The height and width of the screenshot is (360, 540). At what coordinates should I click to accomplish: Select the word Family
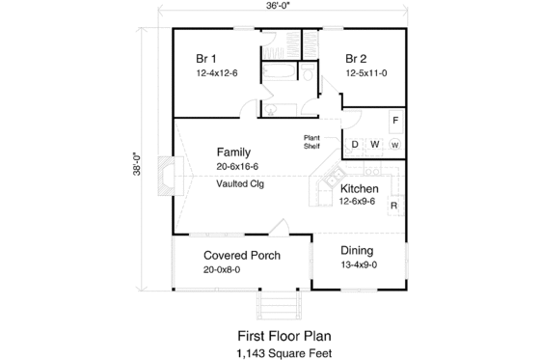233,152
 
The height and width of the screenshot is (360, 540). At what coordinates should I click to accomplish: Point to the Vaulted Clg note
240,182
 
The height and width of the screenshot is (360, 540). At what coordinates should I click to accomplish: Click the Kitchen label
358,188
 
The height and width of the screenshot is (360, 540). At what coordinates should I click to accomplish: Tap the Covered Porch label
242,256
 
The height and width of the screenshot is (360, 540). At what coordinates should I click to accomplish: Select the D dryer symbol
354,145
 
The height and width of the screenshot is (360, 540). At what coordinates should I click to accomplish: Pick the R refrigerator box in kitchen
394,207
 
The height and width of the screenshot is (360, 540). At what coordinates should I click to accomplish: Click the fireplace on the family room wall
170,177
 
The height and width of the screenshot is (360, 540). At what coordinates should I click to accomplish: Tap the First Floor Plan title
283,336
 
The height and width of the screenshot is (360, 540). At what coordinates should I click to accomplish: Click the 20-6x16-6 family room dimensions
237,167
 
